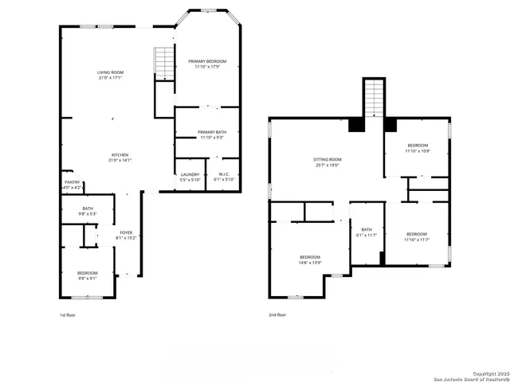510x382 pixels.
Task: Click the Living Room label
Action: point(110,72)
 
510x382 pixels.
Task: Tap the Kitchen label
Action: point(120,154)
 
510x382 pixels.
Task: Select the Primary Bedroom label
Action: point(207,61)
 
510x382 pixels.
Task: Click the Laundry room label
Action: point(190,174)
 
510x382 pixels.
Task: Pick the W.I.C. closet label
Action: point(224,174)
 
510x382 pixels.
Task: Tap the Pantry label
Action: point(73,181)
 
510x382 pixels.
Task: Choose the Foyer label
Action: point(126,232)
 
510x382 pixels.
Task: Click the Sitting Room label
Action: point(327,160)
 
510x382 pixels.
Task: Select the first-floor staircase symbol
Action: point(163,63)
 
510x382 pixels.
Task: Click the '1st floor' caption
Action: point(69,315)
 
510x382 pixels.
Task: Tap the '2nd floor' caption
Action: point(277,315)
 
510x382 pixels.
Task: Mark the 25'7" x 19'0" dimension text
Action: point(327,166)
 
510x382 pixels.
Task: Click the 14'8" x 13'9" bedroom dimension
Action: point(309,262)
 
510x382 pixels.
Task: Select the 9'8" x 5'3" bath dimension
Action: point(87,214)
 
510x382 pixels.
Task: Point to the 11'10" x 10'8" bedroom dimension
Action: point(418,151)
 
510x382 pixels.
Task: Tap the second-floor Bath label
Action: point(367,228)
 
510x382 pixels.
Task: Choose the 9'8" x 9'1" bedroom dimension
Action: point(87,278)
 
